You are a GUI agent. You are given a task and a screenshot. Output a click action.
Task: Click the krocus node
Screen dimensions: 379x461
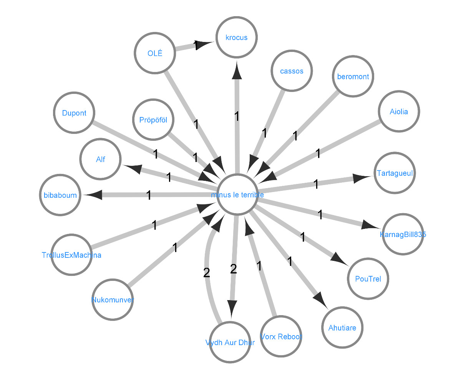tap(237, 38)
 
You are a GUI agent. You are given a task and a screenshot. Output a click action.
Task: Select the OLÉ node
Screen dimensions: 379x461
tap(155, 53)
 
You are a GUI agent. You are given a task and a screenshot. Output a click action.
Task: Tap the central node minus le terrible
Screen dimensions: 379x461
tap(237, 195)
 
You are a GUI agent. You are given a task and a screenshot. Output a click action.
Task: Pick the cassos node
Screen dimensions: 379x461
tap(292, 71)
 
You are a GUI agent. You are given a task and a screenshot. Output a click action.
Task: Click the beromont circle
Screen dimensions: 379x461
tap(353, 77)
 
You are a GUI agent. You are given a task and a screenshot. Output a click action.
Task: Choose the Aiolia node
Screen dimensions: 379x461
tap(399, 112)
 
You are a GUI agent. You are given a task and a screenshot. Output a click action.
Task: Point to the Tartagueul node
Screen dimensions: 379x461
tap(395, 173)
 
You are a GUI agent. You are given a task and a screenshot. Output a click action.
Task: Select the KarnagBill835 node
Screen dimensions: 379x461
tap(403, 234)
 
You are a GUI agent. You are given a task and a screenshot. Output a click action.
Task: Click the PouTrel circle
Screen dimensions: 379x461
tap(368, 279)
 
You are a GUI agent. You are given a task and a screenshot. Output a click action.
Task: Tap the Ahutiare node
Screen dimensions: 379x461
tap(342, 328)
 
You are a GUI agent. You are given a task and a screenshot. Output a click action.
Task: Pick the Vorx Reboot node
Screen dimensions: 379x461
tap(281, 337)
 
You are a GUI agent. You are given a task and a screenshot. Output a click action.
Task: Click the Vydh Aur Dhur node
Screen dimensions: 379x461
tap(230, 342)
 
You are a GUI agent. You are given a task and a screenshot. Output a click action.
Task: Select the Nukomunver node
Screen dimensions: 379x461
tap(113, 300)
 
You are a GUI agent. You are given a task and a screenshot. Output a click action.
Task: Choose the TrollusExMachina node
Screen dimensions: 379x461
tap(71, 255)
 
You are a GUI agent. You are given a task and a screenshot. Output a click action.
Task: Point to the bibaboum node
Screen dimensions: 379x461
tap(60, 195)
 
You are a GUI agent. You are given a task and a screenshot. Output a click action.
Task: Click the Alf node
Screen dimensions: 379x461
tap(101, 159)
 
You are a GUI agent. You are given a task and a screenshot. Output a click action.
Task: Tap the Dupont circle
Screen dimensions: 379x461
tap(74, 113)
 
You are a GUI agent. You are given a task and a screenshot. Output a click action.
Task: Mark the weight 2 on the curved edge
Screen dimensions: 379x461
tap(206, 273)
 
